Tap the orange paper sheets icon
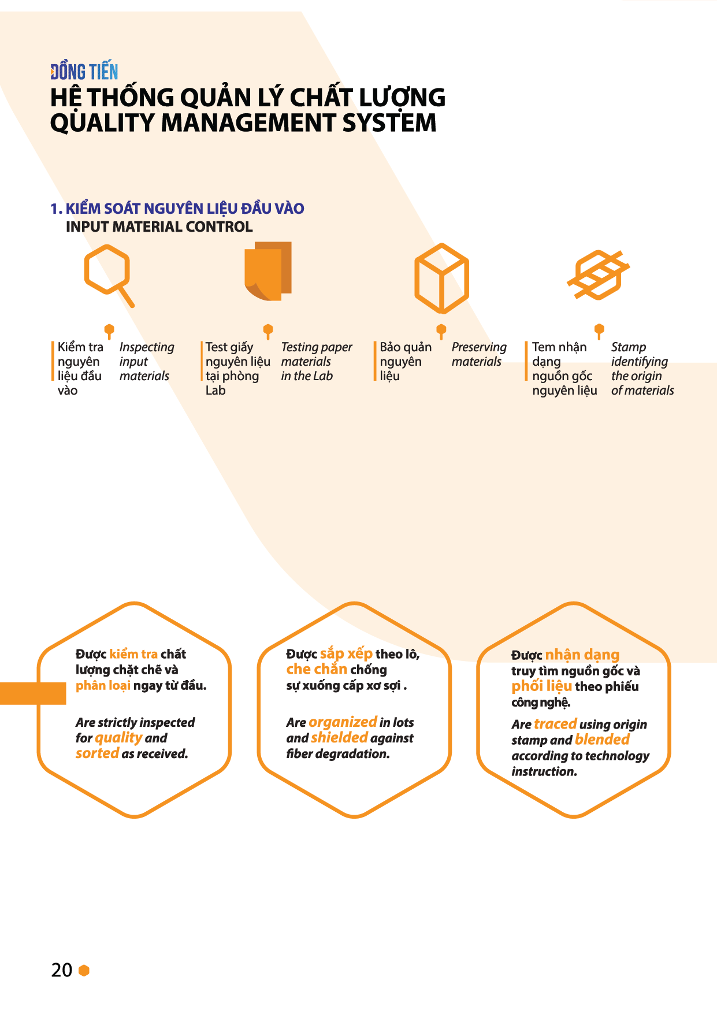click(268, 271)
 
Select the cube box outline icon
click(441, 278)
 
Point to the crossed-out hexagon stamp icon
click(598, 275)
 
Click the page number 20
click(62, 970)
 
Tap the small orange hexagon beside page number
click(84, 970)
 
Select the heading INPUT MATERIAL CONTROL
click(159, 226)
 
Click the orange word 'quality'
click(118, 738)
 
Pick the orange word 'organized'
click(343, 722)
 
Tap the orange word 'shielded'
click(339, 738)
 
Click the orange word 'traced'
click(555, 724)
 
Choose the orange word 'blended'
click(602, 740)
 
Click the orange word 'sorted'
click(97, 753)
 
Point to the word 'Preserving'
click(479, 347)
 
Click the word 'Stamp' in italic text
click(629, 347)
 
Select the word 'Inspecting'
click(147, 347)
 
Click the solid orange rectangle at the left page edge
click(33, 693)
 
